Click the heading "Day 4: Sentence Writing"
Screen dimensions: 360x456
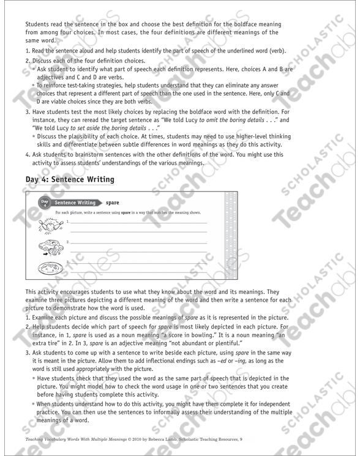pyautogui.click(x=70, y=179)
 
